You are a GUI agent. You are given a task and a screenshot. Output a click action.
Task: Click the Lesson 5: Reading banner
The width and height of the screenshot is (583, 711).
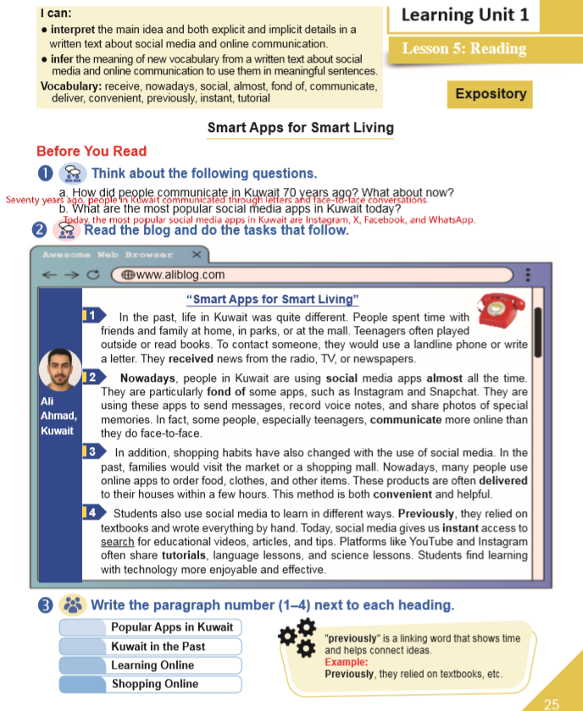pos(464,48)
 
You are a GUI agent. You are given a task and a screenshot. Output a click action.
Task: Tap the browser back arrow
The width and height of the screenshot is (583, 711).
pos(51,274)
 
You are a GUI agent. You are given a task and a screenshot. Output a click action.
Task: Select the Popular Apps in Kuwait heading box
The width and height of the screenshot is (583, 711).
pos(165,627)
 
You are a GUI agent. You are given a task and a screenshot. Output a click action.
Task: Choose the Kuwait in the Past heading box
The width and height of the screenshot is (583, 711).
pos(158,646)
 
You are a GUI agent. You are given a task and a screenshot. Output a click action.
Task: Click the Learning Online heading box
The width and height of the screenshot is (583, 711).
pos(153,665)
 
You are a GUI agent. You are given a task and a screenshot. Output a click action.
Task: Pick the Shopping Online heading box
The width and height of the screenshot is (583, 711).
pos(154,684)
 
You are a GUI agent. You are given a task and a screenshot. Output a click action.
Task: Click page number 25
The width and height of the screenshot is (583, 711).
pos(552,703)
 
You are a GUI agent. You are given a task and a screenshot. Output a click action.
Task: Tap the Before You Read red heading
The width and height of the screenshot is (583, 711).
pos(92,152)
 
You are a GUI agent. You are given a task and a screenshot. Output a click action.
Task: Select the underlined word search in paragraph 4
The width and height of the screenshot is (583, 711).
pos(117,541)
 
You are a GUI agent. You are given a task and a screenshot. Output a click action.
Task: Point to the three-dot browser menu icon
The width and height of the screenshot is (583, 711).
pos(527,274)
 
